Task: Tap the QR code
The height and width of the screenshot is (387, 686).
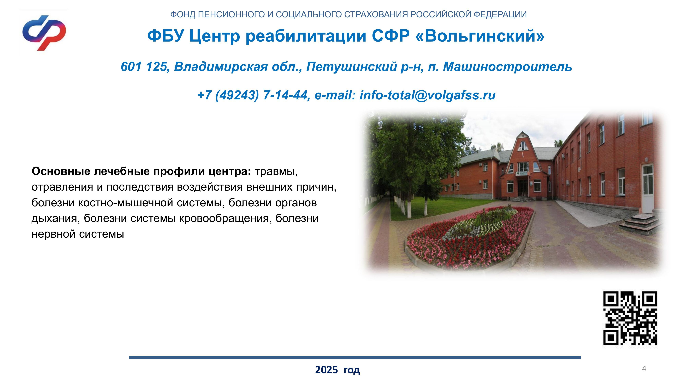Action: [630, 318]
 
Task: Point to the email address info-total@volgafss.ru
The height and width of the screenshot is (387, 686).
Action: [427, 95]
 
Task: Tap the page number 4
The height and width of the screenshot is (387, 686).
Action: [644, 369]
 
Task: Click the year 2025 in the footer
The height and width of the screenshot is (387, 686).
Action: [327, 370]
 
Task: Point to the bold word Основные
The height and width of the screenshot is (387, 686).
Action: [61, 171]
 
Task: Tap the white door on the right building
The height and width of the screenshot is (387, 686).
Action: [647, 189]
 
